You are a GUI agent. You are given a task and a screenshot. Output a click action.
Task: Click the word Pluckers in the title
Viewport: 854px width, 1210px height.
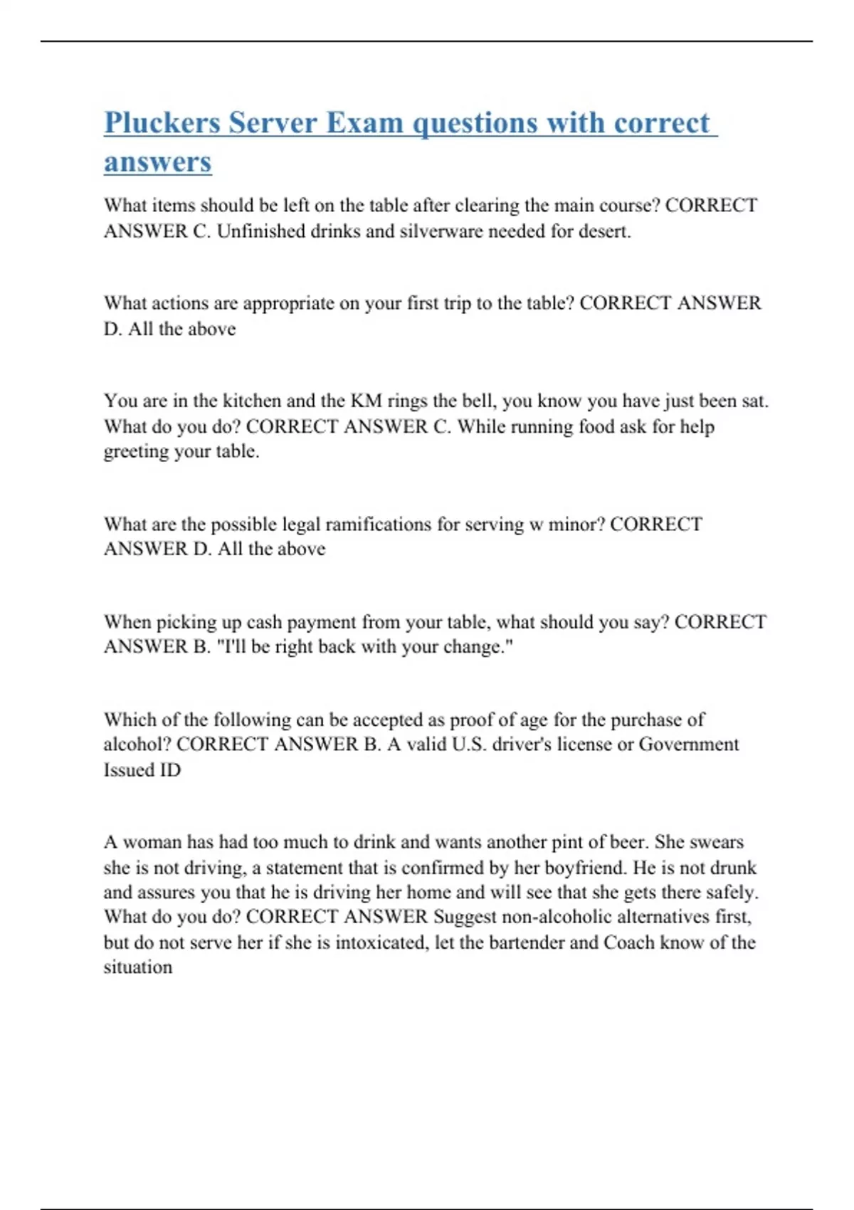pyautogui.click(x=162, y=123)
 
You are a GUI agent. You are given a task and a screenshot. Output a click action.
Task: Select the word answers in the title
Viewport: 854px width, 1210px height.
pyautogui.click(x=157, y=162)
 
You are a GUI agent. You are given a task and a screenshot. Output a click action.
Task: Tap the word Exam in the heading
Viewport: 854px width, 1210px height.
pyautogui.click(x=364, y=123)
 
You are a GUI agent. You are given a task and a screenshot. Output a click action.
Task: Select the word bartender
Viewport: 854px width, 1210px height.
pyautogui.click(x=522, y=942)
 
